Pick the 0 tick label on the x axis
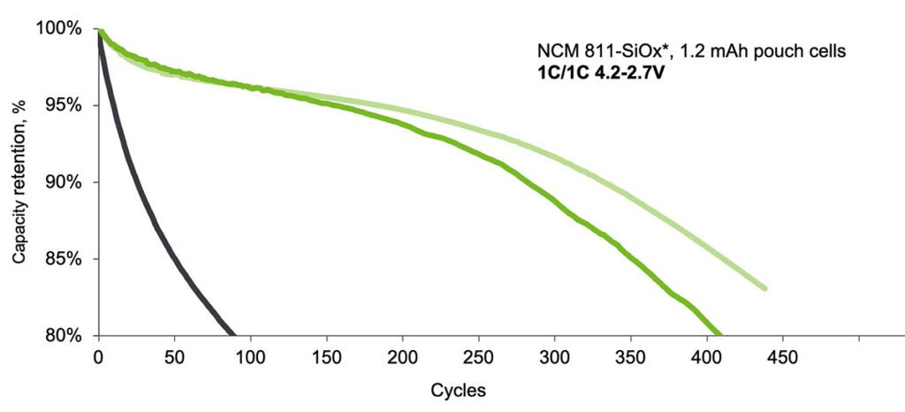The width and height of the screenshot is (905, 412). click(99, 357)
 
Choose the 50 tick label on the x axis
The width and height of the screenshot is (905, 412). click(175, 357)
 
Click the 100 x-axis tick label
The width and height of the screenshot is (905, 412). click(251, 357)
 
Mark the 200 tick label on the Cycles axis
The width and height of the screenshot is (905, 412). click(403, 357)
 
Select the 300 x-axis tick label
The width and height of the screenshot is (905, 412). click(555, 357)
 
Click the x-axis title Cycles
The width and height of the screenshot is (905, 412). click(458, 390)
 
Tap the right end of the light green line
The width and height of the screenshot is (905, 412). click(764, 288)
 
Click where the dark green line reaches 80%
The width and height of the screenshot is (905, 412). click(719, 334)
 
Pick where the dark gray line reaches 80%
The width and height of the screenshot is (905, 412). click(233, 334)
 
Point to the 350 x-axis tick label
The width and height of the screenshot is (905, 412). click(631, 357)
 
